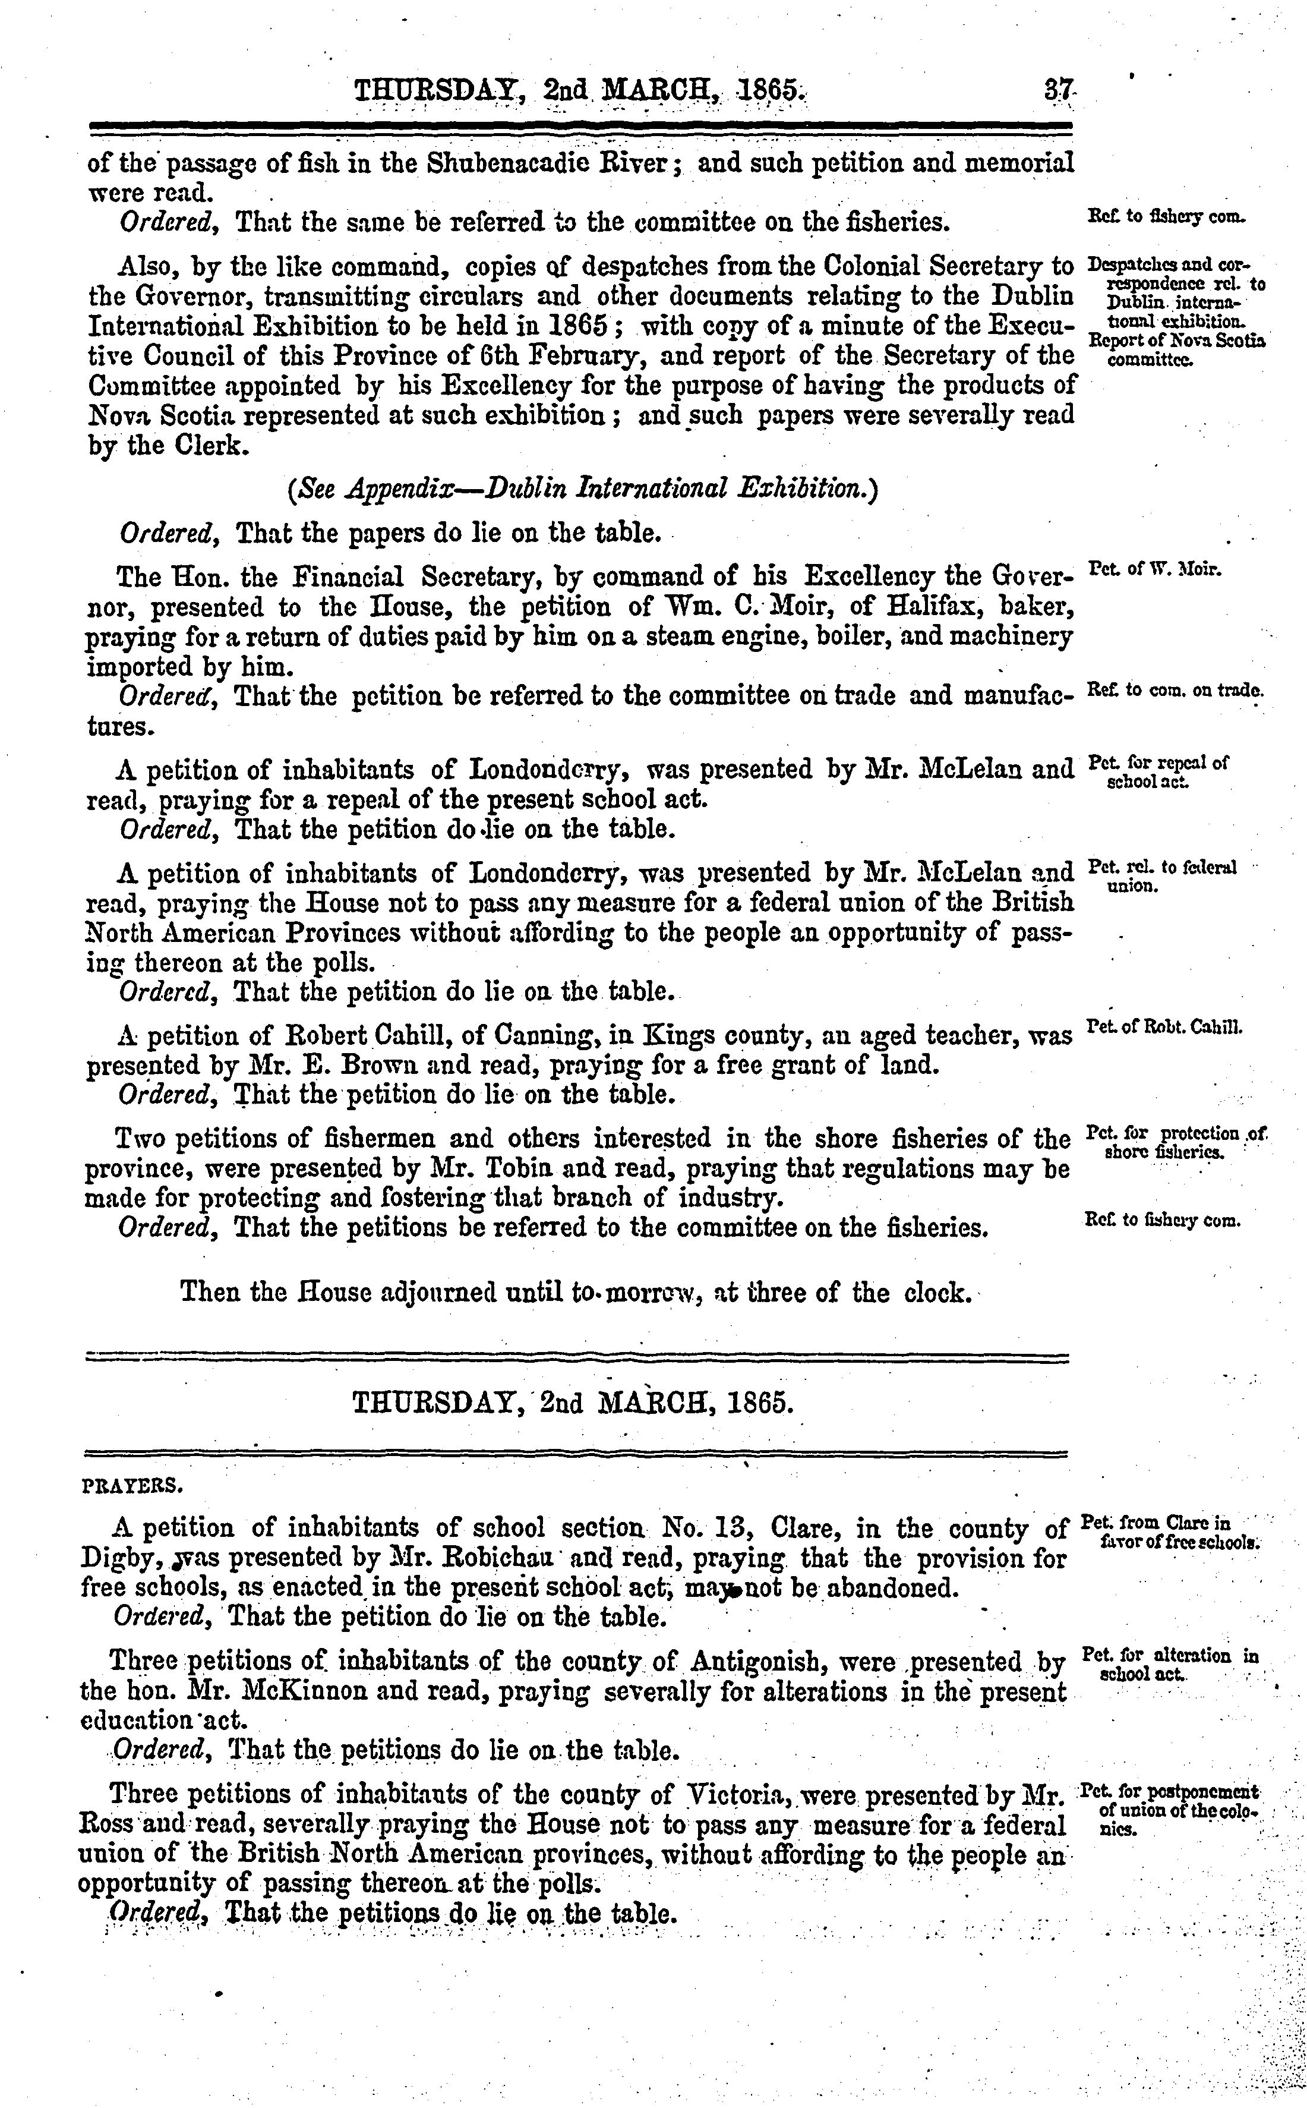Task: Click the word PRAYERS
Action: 131,1487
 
